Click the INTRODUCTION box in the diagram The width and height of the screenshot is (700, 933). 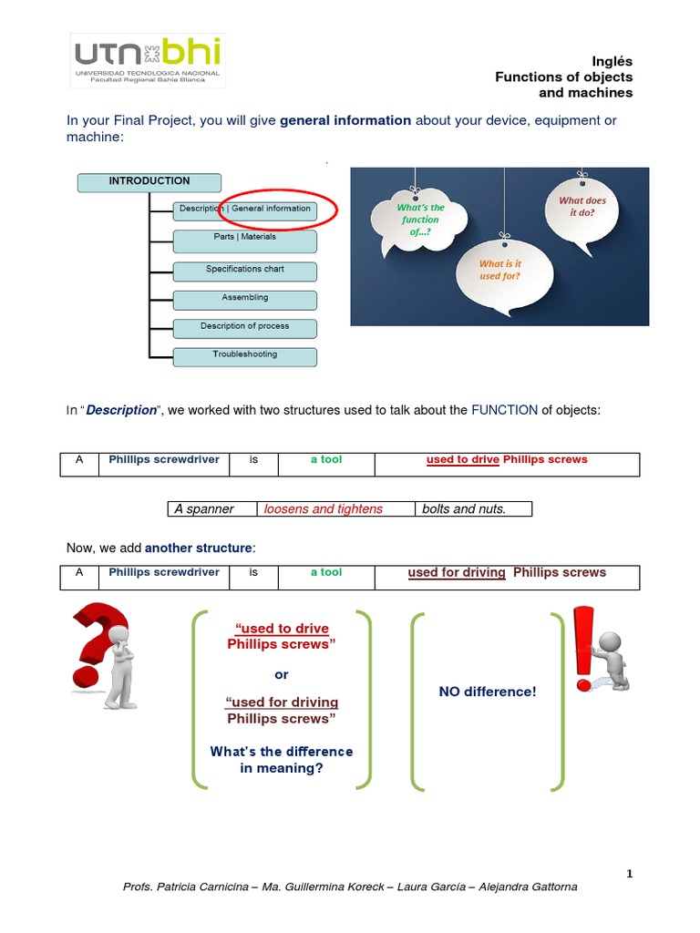point(149,182)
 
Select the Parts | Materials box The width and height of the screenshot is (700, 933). point(244,241)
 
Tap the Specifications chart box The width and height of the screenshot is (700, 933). point(244,271)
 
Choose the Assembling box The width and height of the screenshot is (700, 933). point(244,299)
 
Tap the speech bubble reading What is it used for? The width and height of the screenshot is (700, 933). point(499,270)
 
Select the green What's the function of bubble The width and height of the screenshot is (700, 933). point(419,220)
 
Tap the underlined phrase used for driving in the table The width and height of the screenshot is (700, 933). point(457,573)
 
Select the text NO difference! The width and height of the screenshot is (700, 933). point(488,692)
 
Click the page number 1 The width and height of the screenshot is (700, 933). point(629,874)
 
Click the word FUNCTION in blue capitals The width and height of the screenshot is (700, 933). point(504,410)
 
